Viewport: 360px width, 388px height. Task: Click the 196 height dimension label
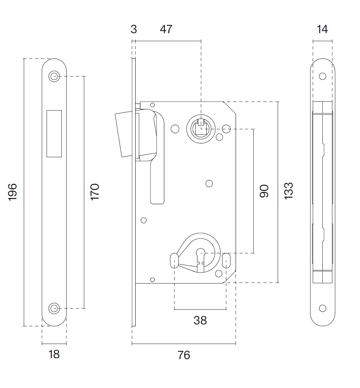click(x=13, y=192)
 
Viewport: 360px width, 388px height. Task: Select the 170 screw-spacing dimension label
click(x=95, y=192)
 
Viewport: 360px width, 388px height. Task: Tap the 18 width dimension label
click(x=54, y=354)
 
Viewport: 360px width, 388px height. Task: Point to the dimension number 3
click(x=134, y=29)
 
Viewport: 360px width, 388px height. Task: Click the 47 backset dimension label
click(x=166, y=29)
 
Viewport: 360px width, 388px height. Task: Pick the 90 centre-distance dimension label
click(x=264, y=191)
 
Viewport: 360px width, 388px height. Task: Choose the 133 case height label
click(x=289, y=191)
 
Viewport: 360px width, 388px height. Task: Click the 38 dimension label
click(x=200, y=320)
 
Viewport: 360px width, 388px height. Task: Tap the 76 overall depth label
click(x=184, y=355)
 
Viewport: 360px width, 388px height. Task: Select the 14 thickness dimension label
click(x=322, y=29)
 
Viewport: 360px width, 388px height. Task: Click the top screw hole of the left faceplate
click(x=54, y=77)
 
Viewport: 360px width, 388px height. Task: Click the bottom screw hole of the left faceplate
click(x=54, y=308)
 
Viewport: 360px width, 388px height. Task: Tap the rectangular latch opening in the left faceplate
click(x=54, y=133)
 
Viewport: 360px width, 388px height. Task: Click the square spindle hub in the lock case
click(x=201, y=129)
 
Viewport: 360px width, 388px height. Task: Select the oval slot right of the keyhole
click(x=226, y=260)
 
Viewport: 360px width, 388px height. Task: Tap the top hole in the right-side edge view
click(x=322, y=77)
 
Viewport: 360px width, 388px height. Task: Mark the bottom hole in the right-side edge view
click(x=322, y=308)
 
